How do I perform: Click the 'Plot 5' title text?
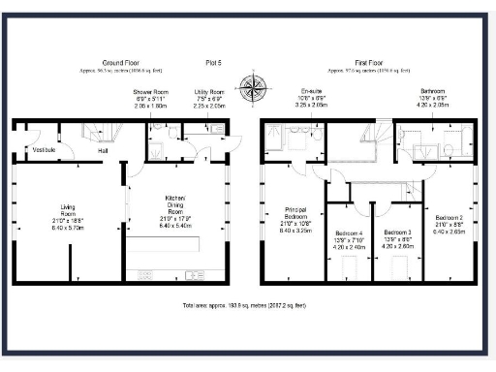click(215, 62)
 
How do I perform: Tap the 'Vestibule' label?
click(45, 150)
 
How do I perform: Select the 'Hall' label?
click(102, 151)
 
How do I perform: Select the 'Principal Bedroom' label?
click(295, 221)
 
